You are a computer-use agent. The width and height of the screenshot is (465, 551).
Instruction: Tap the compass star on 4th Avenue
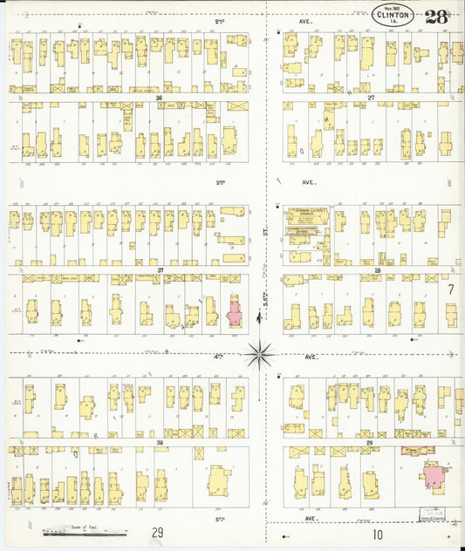[x=259, y=354]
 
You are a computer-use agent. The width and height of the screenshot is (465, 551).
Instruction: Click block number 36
[x=160, y=98]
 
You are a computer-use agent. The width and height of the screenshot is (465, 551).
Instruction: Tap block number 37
[x=161, y=270]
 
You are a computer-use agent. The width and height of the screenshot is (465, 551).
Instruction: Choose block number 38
[x=160, y=443]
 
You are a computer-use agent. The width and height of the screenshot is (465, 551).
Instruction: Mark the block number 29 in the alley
[x=370, y=443]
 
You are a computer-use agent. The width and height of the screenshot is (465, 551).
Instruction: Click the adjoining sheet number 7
[x=450, y=289]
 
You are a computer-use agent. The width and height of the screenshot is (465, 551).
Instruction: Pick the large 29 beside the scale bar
[x=157, y=533]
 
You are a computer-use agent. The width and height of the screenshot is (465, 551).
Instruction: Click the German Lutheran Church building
[x=308, y=214]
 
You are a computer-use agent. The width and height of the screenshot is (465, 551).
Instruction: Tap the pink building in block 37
[x=235, y=311]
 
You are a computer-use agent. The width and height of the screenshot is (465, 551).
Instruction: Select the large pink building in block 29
[x=432, y=475]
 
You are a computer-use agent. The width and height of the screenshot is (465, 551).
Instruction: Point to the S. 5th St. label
[x=264, y=301]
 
